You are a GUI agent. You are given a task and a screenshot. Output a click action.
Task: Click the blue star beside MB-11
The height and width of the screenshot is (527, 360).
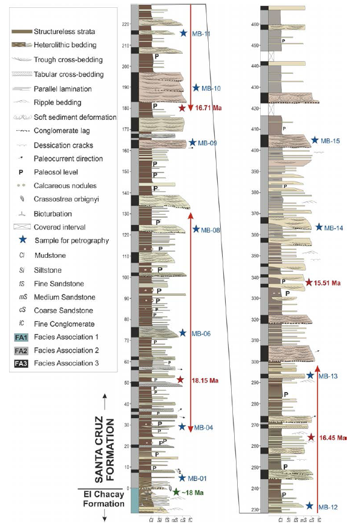[x=183, y=33]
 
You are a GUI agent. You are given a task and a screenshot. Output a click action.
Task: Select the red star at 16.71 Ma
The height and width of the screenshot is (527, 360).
[x=182, y=108]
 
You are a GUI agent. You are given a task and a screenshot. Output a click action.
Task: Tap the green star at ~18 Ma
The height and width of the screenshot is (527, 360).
[x=176, y=493]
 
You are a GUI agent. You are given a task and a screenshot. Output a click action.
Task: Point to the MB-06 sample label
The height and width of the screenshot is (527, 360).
[x=202, y=333]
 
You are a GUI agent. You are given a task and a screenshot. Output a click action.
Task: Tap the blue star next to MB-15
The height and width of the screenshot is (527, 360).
[x=314, y=140]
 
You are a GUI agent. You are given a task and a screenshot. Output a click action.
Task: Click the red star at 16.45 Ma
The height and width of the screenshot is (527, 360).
[x=312, y=437]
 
